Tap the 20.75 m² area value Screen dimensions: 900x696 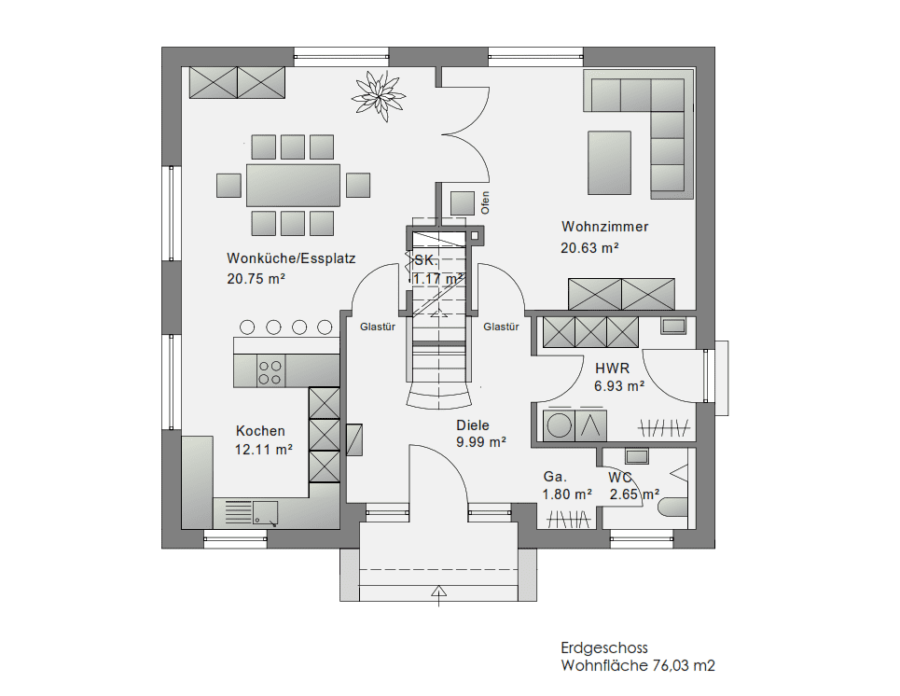tap(256, 279)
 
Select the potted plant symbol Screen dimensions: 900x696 tap(379, 96)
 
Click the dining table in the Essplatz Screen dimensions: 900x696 tap(293, 185)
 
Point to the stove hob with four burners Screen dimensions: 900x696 tap(270, 372)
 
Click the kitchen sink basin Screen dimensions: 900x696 tap(265, 513)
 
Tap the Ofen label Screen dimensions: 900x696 tap(486, 202)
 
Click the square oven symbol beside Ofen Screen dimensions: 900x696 tap(463, 203)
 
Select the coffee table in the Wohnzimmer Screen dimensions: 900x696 tap(609, 163)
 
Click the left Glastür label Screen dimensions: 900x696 tap(378, 327)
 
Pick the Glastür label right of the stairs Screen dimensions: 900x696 tap(501, 327)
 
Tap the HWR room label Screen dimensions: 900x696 tap(613, 369)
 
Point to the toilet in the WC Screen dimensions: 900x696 tap(672, 508)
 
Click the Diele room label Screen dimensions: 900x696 tap(473, 425)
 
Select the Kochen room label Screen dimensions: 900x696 tap(260, 431)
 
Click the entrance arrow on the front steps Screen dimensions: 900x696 tap(439, 595)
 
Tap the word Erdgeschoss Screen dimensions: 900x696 tap(604, 647)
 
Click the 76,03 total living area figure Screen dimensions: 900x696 tap(672, 665)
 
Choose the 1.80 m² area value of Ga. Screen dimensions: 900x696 tap(567, 494)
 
